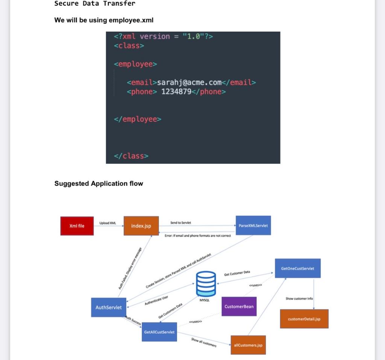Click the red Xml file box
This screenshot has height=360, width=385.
point(77,226)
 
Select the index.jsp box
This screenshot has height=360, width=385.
point(141,226)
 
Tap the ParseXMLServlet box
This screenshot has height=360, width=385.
point(253,225)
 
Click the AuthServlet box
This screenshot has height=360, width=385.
point(109,307)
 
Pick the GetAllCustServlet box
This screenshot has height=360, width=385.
point(159,332)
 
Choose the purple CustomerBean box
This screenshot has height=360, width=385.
point(239,306)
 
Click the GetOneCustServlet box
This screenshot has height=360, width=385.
point(297,268)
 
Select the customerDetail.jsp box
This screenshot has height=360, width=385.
point(304,319)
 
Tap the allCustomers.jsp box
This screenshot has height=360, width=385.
point(248,345)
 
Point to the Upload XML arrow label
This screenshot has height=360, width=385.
point(108,223)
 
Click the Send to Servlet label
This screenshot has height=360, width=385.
point(180,223)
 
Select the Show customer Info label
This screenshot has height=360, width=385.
point(299,299)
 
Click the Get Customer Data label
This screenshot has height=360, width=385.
point(237,273)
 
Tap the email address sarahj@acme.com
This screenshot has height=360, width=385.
point(189,82)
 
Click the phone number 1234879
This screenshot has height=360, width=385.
point(176,92)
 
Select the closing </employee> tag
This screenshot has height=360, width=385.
point(138,119)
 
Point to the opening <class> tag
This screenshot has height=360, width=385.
point(129,45)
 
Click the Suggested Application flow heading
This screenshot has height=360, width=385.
point(99,183)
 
